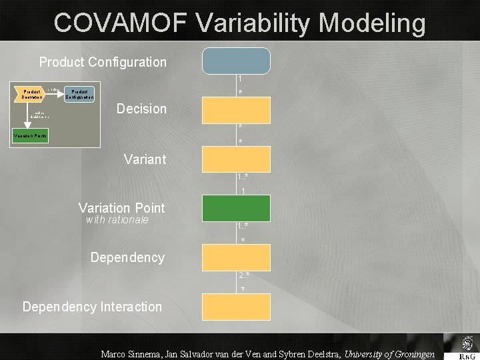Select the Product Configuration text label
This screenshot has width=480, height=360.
pos(103,62)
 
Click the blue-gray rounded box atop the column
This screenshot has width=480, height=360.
pos(237,60)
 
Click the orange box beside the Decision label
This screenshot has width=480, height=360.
pos(237,110)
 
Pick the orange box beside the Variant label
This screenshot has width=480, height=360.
pos(237,159)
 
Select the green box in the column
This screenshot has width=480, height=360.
pos(237,208)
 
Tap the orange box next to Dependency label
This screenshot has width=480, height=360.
pos(237,257)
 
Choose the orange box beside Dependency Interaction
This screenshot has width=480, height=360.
pos(237,307)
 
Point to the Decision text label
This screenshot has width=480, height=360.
pos(141,109)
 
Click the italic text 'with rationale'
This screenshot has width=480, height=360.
pos(117,220)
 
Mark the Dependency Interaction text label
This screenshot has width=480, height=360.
pos(92,307)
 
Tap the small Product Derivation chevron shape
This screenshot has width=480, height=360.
pos(31,94)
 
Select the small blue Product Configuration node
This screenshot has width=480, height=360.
pos(79,94)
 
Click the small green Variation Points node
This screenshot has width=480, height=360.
pos(31,138)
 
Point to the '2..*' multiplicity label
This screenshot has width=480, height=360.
pos(243,275)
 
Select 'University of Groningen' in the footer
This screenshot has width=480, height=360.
pos(389,354)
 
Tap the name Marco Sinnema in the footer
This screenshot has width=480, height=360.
pos(130,354)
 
